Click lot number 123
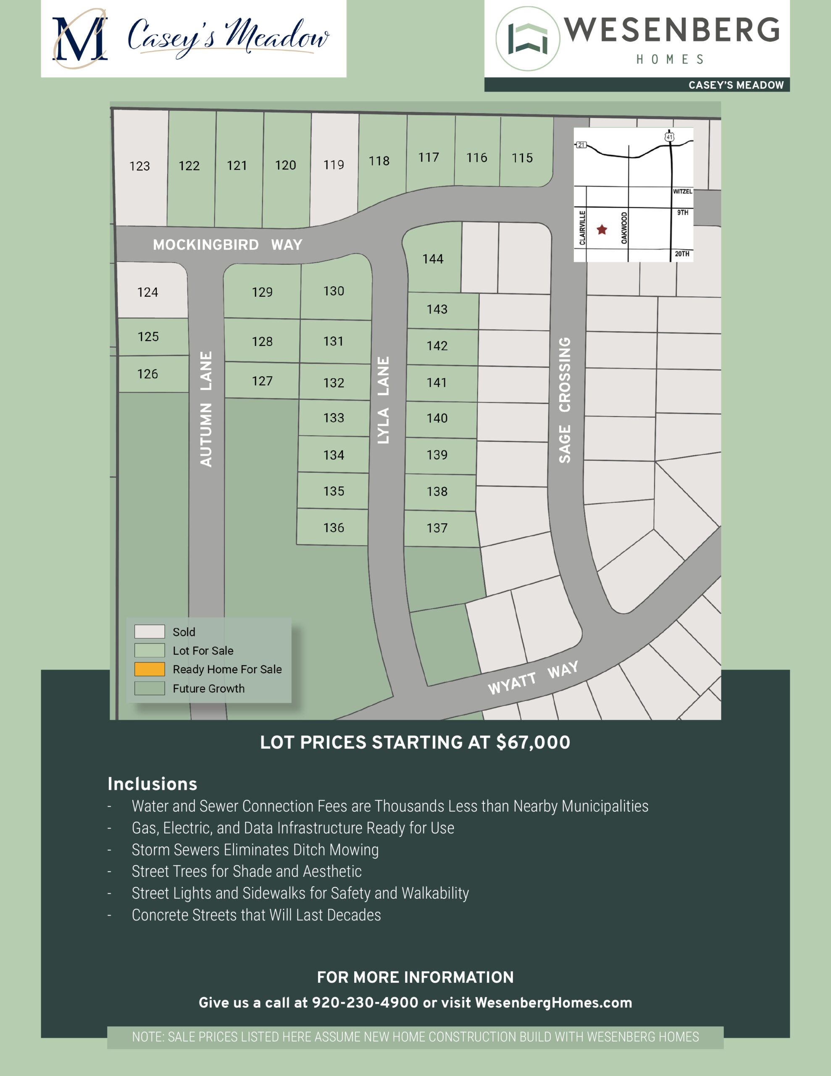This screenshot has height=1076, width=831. coord(139,166)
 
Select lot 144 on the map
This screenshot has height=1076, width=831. coord(432,259)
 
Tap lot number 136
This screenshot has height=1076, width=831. coord(334,527)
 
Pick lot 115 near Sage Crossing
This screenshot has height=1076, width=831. coord(522,158)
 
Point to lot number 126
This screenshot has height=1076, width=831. coord(147,374)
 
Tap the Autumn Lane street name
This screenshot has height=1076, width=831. coord(206,409)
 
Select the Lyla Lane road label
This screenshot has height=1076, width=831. coord(383,400)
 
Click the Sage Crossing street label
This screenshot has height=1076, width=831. coord(565,400)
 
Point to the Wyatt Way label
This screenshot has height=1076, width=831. coord(533,678)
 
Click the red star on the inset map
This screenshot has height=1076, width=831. coord(602,229)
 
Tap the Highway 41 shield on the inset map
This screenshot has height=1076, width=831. coord(669,137)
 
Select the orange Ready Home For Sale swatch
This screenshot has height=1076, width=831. coord(149,669)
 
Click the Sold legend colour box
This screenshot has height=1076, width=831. coord(149,631)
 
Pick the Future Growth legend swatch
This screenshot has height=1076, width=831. coord(149,688)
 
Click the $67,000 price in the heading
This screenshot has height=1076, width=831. coord(533,742)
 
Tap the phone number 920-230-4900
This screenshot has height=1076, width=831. coord(365,1002)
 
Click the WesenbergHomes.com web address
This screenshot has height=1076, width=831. coord(553,1002)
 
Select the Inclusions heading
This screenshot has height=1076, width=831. coord(152,784)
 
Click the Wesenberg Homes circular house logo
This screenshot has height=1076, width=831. coord(528,38)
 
